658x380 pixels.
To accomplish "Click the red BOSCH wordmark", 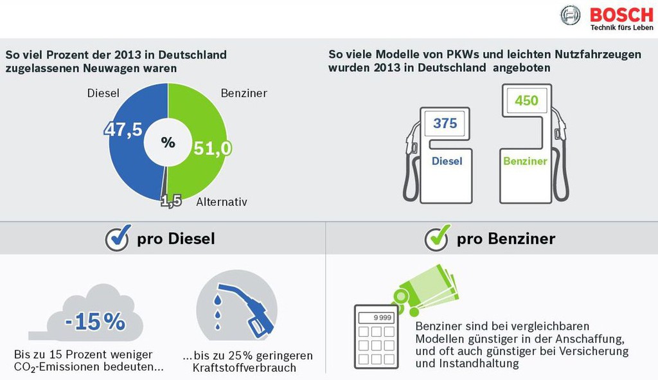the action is click(621, 15).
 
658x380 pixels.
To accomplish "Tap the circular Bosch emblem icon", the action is click(571, 15).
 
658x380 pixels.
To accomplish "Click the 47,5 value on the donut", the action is click(123, 129).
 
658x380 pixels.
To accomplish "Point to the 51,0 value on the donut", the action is click(213, 149).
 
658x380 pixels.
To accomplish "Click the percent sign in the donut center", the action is click(168, 142).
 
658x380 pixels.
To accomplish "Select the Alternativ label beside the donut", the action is click(222, 202).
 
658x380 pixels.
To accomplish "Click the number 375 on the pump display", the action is click(445, 123).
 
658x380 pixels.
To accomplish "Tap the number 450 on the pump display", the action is click(526, 100).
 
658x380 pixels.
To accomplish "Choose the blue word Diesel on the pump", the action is click(447, 161).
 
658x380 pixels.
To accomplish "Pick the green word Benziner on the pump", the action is click(525, 161).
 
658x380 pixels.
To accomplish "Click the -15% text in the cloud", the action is click(95, 321).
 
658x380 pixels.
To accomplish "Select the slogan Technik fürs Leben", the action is click(622, 28).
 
